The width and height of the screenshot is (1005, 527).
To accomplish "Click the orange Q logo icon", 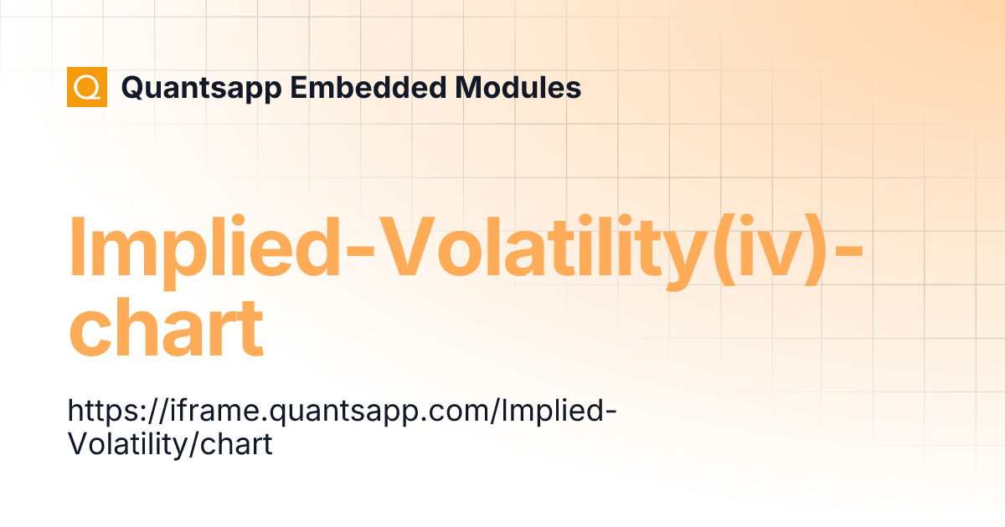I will [x=87, y=87].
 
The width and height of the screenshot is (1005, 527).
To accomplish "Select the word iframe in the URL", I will [x=200, y=412].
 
